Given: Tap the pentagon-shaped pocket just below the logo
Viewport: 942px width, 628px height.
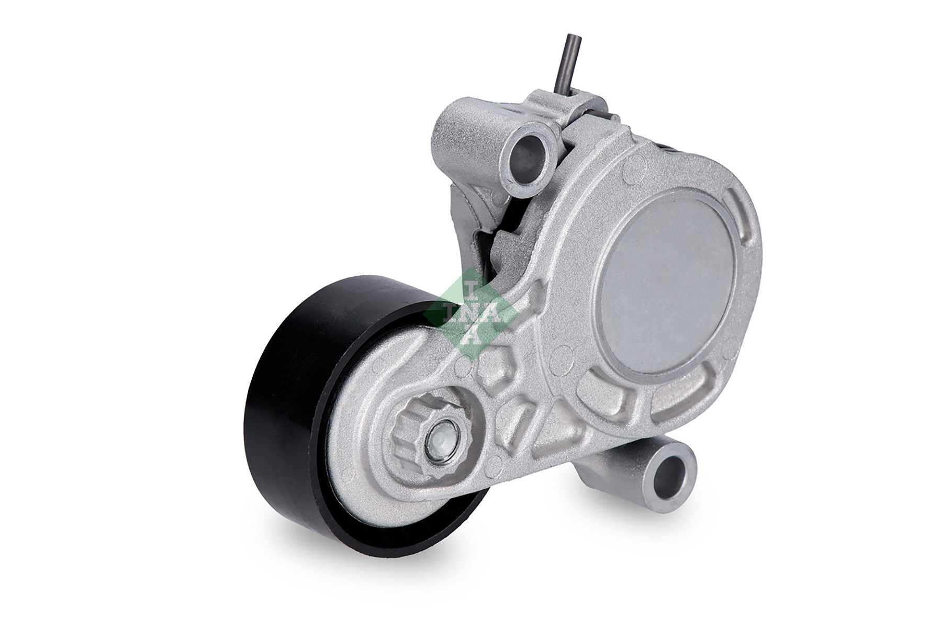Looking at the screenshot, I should (x=497, y=368).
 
